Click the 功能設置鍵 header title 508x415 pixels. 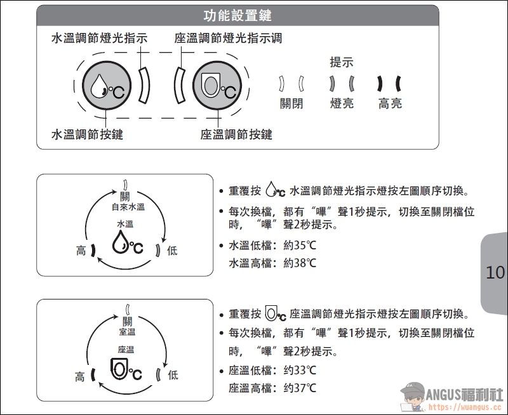pos(237,15)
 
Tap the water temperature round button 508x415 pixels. pos(107,86)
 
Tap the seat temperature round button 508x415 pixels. pos(217,86)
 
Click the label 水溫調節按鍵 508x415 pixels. pos(87,134)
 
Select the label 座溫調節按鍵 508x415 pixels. pos(236,134)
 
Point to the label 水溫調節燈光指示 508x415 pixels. pos(99,38)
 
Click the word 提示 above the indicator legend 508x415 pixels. pos(342,62)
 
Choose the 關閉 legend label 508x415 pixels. pos(291,103)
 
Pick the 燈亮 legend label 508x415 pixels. pos(342,103)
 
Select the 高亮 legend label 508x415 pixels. pos(390,103)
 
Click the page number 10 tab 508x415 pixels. pos(495,273)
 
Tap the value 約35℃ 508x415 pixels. pos(300,245)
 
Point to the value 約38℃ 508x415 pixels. pos(300,263)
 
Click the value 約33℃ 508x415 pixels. pos(300,370)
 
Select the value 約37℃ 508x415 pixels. pos(300,388)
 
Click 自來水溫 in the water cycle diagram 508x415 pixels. pos(128,207)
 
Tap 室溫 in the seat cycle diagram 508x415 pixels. pos(127,332)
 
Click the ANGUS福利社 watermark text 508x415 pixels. pos(464,395)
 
